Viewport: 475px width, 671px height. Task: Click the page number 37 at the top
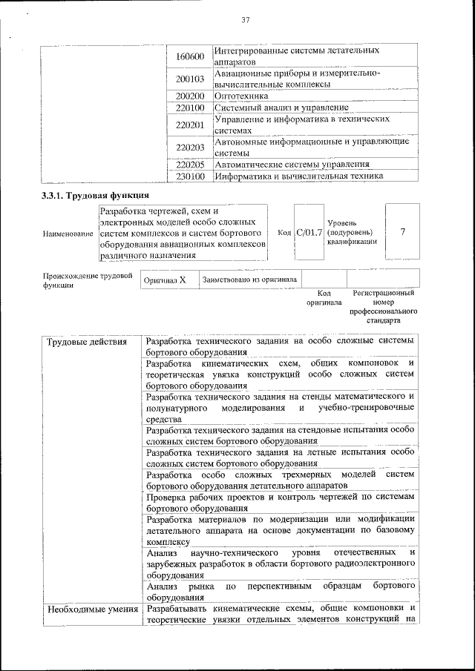click(x=244, y=19)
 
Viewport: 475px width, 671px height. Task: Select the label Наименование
click(x=68, y=234)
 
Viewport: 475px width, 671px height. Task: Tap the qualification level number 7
click(x=402, y=232)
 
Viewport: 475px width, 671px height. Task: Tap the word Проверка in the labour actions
click(x=168, y=498)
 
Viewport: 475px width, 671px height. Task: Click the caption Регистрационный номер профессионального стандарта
click(x=383, y=307)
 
